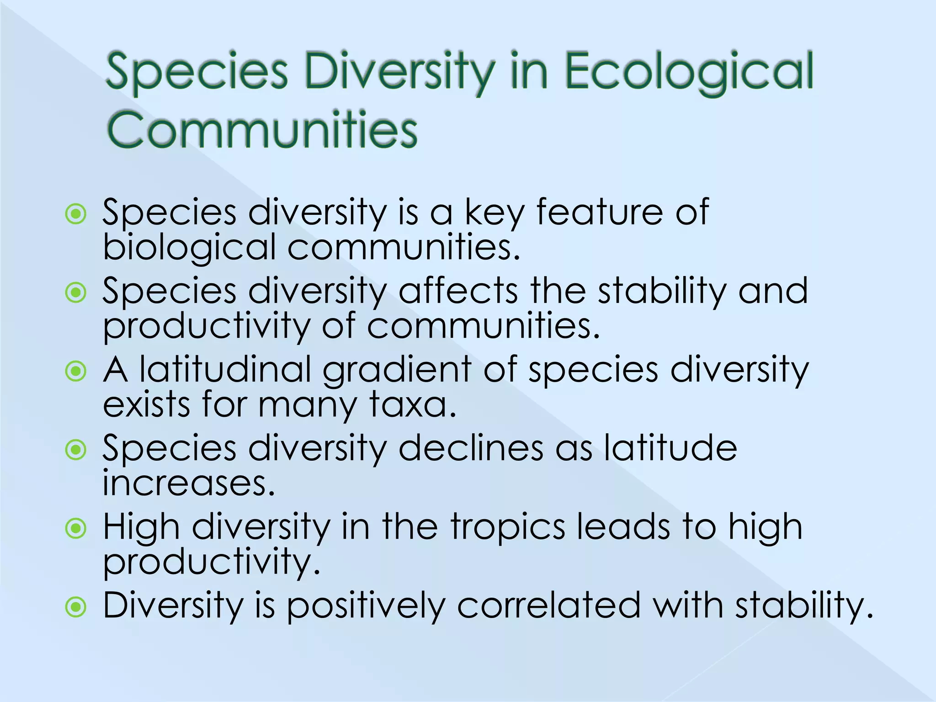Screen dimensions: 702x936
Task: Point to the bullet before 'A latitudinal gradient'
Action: (x=76, y=372)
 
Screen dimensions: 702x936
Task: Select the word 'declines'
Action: (x=471, y=448)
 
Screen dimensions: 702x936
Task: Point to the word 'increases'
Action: (x=188, y=484)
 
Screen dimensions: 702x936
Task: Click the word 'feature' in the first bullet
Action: (x=599, y=213)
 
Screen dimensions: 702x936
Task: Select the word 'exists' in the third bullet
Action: (x=146, y=404)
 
